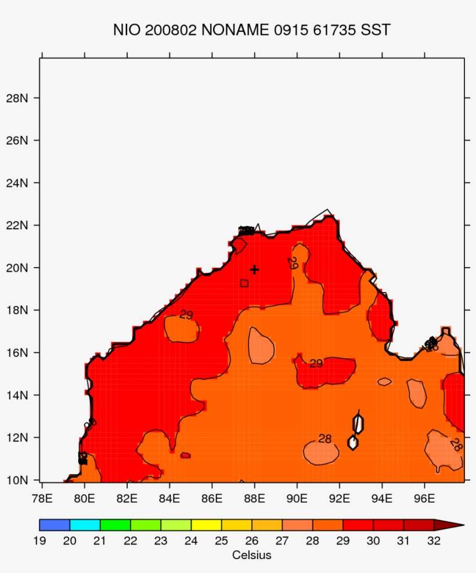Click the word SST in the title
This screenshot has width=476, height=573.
click(x=376, y=30)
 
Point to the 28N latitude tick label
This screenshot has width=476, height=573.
click(x=17, y=98)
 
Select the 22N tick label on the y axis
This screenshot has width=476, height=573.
click(x=17, y=225)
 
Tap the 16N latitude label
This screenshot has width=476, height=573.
click(x=17, y=352)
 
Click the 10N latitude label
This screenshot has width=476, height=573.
click(x=17, y=480)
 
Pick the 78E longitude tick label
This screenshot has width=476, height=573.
click(x=42, y=498)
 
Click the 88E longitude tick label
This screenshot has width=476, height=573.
click(x=254, y=498)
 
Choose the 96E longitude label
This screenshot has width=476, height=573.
click(x=424, y=498)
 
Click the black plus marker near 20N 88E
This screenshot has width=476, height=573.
click(x=254, y=269)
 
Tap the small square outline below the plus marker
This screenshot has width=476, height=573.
click(x=244, y=283)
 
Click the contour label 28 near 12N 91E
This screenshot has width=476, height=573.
click(x=324, y=439)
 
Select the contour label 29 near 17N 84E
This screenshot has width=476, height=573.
click(x=186, y=315)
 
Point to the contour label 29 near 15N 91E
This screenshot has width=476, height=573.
click(x=316, y=364)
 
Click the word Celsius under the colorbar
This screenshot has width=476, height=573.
click(x=251, y=555)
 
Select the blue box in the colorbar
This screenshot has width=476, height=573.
click(x=55, y=525)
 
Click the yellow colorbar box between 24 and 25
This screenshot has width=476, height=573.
click(x=206, y=525)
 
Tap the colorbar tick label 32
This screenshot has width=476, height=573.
click(x=434, y=541)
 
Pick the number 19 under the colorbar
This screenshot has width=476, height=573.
click(x=39, y=541)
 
